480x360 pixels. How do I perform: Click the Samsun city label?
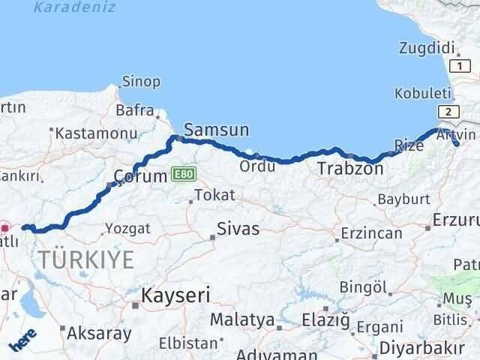[x=216, y=130]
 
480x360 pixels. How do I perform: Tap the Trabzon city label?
[x=350, y=169]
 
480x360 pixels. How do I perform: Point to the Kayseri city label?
[x=177, y=295]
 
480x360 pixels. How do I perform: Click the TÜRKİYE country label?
[x=87, y=260]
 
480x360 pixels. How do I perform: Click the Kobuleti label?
[x=424, y=94]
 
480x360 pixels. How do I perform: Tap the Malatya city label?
[x=241, y=320]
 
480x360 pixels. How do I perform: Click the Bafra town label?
[x=135, y=110]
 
